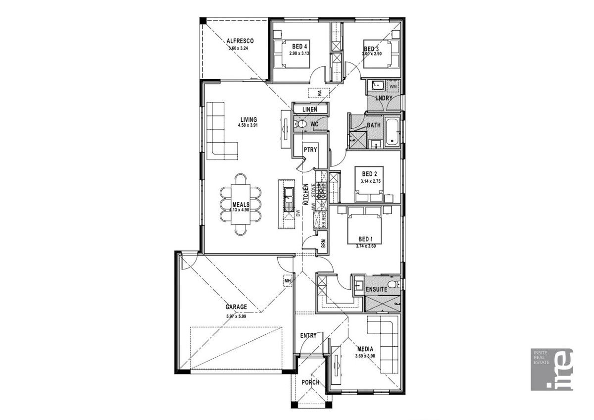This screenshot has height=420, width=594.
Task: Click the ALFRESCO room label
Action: tap(240, 41)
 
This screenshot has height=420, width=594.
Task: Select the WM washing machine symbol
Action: tap(393, 86)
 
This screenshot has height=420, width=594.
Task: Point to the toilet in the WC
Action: tap(301, 124)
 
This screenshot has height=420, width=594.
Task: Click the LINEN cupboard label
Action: tap(310, 109)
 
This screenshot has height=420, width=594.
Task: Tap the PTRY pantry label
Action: tap(310, 150)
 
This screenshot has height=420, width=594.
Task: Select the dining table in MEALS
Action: tap(241, 204)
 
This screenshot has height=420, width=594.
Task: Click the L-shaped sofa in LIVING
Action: tap(221, 130)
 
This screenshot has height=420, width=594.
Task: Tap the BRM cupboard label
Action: tap(323, 244)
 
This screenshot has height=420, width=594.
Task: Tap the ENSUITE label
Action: tap(376, 289)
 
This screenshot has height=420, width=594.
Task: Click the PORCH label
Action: tap(310, 382)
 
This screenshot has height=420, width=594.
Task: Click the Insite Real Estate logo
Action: tap(551, 369)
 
